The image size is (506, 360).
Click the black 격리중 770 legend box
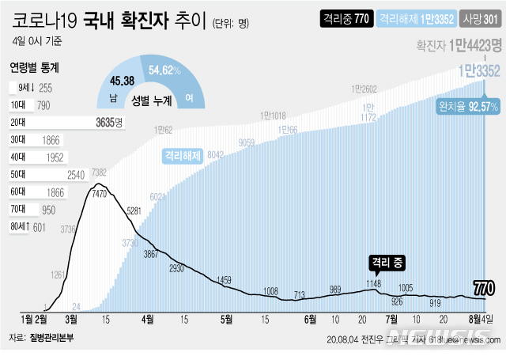click(345, 17)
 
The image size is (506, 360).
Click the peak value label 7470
click(100, 192)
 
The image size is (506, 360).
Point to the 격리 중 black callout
click(387, 260)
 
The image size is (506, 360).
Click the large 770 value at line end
click(485, 286)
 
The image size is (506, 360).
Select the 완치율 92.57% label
click(468, 105)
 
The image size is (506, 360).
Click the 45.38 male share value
click(123, 80)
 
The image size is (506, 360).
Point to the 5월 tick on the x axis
click(227, 319)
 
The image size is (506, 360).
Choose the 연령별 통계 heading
click(35, 67)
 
